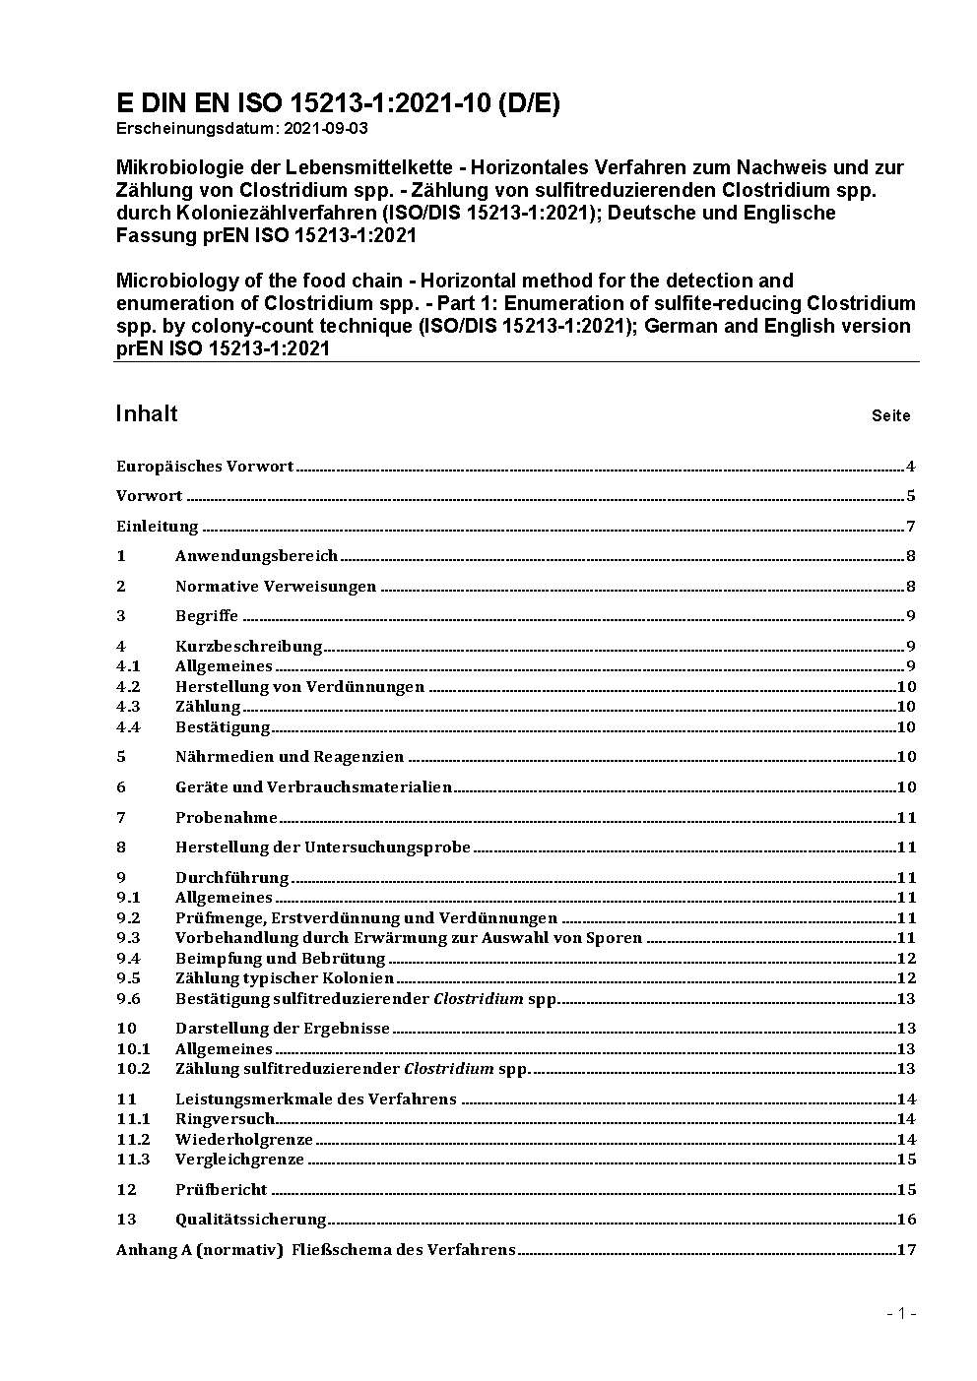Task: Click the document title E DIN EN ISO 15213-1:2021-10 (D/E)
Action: [x=338, y=103]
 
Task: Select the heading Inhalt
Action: [x=147, y=413]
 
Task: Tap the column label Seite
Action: [x=890, y=416]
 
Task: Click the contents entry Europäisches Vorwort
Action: [x=205, y=467]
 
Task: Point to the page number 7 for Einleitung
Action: [x=911, y=526]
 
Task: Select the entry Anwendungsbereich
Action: [x=256, y=556]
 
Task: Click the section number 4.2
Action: [x=128, y=687]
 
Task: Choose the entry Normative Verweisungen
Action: [x=276, y=587]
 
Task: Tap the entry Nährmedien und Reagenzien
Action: [x=290, y=757]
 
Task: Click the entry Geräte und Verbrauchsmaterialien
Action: [x=313, y=787]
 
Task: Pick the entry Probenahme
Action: [x=227, y=818]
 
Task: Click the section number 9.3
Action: [x=128, y=938]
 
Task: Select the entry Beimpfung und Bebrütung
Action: [x=280, y=959]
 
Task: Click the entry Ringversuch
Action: [x=225, y=1119]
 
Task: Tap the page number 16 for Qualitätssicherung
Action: [x=906, y=1220]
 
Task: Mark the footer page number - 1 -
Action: [x=901, y=1313]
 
